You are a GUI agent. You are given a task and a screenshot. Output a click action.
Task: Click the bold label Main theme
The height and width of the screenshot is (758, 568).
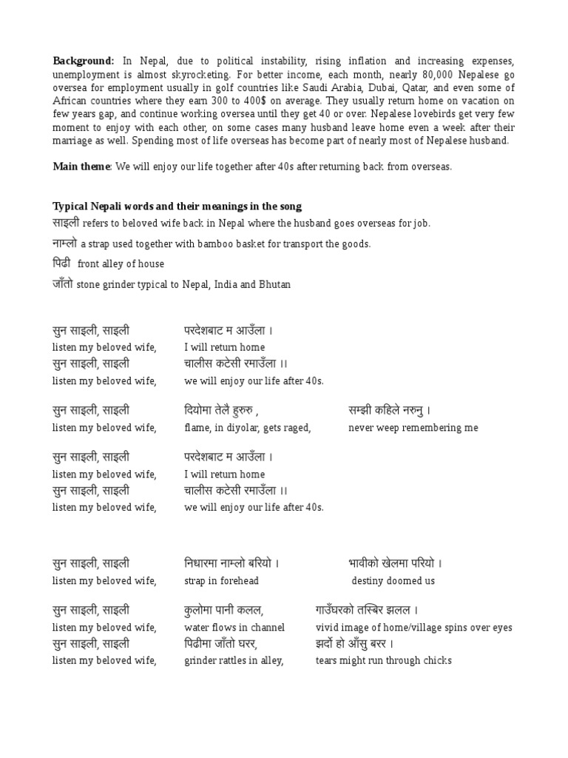point(81,167)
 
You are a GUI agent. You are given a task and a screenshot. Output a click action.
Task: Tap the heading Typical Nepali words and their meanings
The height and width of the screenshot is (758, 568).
point(177,207)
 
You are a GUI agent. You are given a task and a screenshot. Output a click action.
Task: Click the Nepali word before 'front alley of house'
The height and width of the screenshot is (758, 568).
point(62,264)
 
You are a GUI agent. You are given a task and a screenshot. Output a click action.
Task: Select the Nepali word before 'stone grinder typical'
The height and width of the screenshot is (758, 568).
point(62,284)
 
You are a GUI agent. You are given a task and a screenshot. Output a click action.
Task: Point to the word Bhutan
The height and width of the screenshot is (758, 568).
point(274,285)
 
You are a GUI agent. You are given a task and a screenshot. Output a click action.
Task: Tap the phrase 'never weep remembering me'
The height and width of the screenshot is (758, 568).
point(413,428)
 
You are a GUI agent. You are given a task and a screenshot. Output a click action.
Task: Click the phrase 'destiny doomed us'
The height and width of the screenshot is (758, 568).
point(393,581)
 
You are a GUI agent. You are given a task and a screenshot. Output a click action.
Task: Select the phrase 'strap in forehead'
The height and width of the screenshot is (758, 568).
point(221,581)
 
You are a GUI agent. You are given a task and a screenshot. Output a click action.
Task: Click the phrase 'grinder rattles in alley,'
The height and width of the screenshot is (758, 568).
point(234,660)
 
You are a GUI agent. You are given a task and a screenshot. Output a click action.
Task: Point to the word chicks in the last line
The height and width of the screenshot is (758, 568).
point(437,660)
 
